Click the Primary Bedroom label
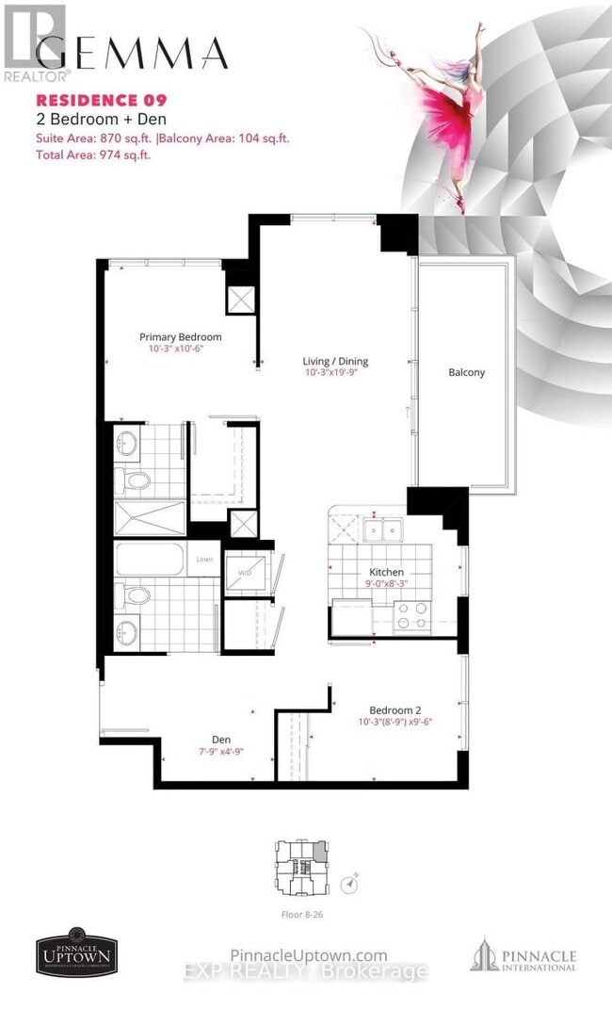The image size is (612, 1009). tap(180, 337)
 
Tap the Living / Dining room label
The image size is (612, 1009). tap(335, 361)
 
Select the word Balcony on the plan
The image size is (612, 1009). tap(466, 372)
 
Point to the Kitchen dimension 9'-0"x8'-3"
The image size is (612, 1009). tap(386, 584)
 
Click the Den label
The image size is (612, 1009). tap(221, 740)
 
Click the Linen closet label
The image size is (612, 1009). tap(204, 561)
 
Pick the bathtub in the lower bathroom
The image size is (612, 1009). tap(151, 561)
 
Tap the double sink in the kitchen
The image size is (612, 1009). tap(384, 529)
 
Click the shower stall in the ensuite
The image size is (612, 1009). tap(151, 518)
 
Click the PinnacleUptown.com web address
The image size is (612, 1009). tap(309, 955)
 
